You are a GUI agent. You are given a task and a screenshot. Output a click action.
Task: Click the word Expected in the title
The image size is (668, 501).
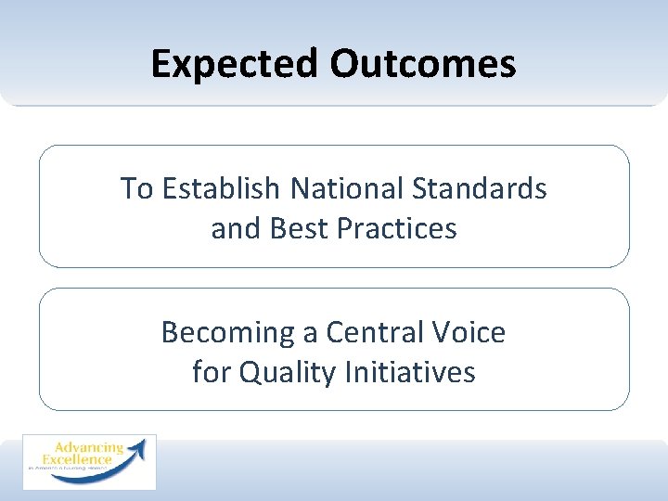234,64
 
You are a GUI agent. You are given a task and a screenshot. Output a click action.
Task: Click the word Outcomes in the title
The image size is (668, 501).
422,64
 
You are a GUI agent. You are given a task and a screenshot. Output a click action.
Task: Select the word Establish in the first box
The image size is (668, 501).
221,188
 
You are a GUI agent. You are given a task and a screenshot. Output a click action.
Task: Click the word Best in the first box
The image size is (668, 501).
294,228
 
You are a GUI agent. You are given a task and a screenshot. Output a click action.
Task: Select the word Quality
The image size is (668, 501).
289,372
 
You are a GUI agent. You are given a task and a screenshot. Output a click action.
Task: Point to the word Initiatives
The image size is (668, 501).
410,372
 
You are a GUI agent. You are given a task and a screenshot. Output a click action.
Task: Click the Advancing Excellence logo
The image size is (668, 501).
89,461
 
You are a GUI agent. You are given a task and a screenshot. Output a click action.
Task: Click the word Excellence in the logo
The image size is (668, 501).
77,460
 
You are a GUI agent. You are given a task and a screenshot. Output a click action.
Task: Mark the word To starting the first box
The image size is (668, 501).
135,188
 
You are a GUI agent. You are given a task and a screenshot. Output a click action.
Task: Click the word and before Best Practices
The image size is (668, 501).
235,228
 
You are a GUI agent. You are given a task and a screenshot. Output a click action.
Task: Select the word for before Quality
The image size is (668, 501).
212,372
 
